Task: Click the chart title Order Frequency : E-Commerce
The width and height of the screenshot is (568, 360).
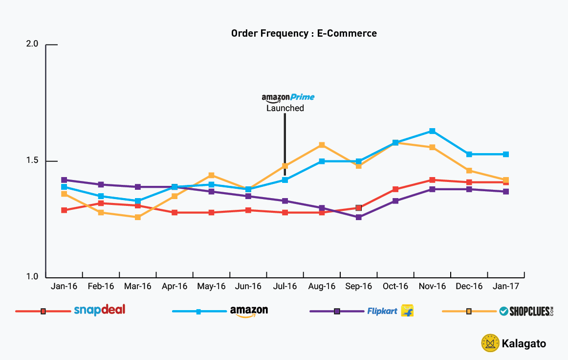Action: coord(304,34)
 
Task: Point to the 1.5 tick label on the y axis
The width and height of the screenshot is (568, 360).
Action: coord(32,161)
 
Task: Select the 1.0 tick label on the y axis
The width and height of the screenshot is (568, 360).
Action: coord(32,277)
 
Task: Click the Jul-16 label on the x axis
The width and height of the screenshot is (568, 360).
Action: coord(285,286)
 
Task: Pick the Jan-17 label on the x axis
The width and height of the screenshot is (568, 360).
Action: coord(506,286)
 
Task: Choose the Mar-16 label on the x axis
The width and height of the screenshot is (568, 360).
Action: coord(138,286)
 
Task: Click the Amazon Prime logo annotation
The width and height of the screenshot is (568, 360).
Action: coord(288,98)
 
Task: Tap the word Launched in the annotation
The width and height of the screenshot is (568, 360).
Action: coord(285,108)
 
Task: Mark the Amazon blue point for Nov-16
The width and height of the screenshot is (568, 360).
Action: coord(432,131)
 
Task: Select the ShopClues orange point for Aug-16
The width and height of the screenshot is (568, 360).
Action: coord(322,145)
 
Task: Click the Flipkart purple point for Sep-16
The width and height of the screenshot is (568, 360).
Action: coord(358,217)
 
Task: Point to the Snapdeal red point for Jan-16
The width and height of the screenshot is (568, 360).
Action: coord(64,210)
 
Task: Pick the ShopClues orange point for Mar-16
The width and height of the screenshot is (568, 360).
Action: coord(138,217)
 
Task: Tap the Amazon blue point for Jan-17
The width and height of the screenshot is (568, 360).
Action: coord(506,154)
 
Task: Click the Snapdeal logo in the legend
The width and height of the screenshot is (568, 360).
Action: coord(99,310)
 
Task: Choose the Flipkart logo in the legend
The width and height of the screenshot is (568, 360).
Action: coord(390,311)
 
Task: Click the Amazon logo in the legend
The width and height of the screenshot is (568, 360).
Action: coord(249,311)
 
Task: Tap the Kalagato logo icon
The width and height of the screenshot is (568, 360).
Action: coord(489,343)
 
